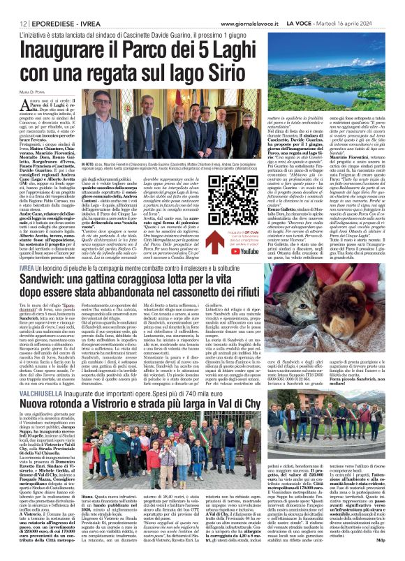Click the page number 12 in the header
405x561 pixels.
[x=13, y=6]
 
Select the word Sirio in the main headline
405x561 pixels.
[x=220, y=50]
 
